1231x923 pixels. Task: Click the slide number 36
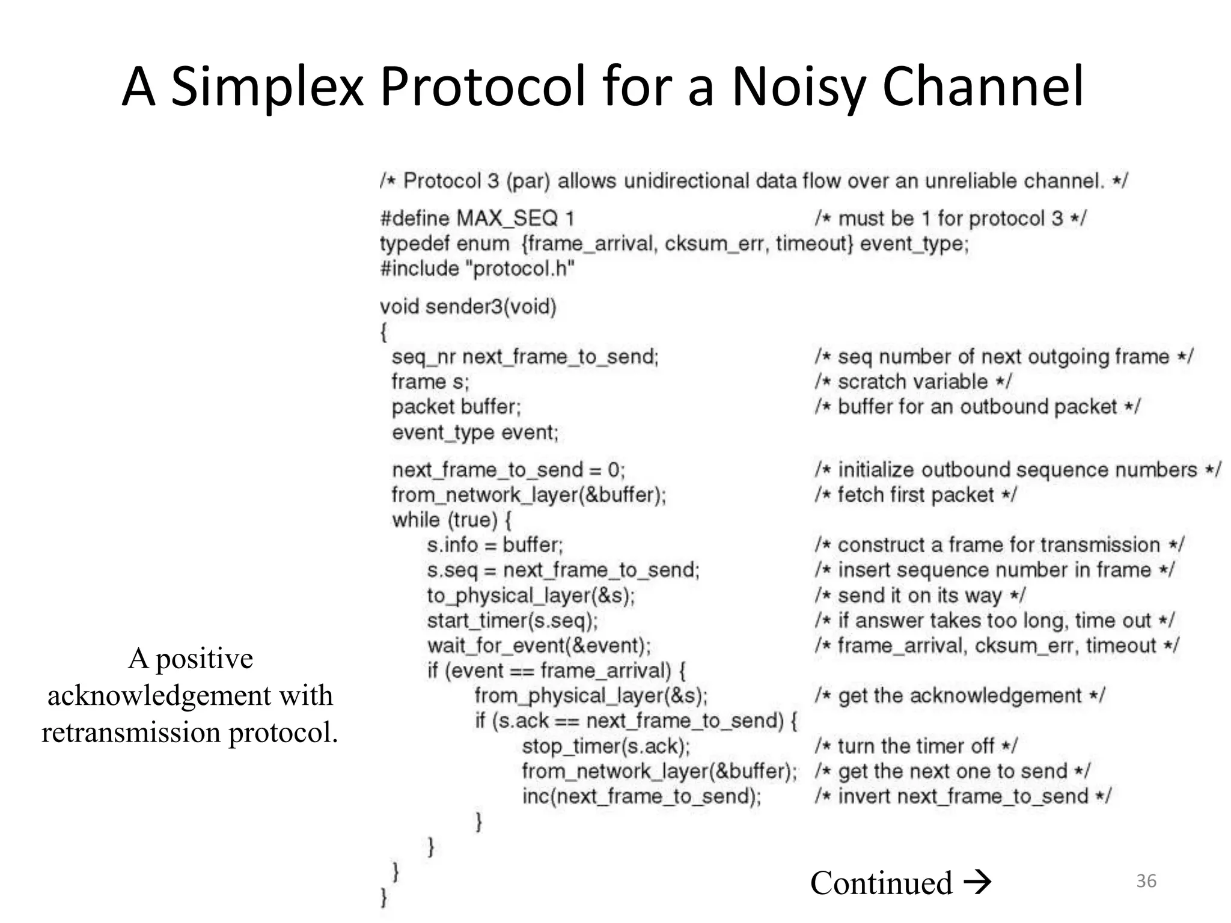click(x=1146, y=881)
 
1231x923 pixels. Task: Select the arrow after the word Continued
click(x=977, y=883)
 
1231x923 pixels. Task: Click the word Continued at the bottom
click(x=881, y=883)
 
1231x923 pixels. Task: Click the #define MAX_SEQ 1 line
click(x=477, y=218)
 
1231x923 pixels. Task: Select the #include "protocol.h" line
click(x=477, y=268)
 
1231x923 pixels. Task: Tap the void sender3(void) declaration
click(x=468, y=306)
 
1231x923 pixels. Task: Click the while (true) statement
click(x=451, y=520)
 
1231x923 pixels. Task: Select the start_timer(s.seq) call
click(x=512, y=620)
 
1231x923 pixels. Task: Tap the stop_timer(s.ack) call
click(x=606, y=746)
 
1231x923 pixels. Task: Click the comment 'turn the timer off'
click(x=916, y=746)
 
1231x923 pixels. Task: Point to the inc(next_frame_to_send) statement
click(x=641, y=796)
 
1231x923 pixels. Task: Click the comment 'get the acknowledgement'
click(x=959, y=696)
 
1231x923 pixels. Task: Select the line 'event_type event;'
click(x=475, y=432)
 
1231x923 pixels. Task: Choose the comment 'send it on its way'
click(x=920, y=596)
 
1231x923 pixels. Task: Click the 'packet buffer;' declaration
click(x=456, y=407)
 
